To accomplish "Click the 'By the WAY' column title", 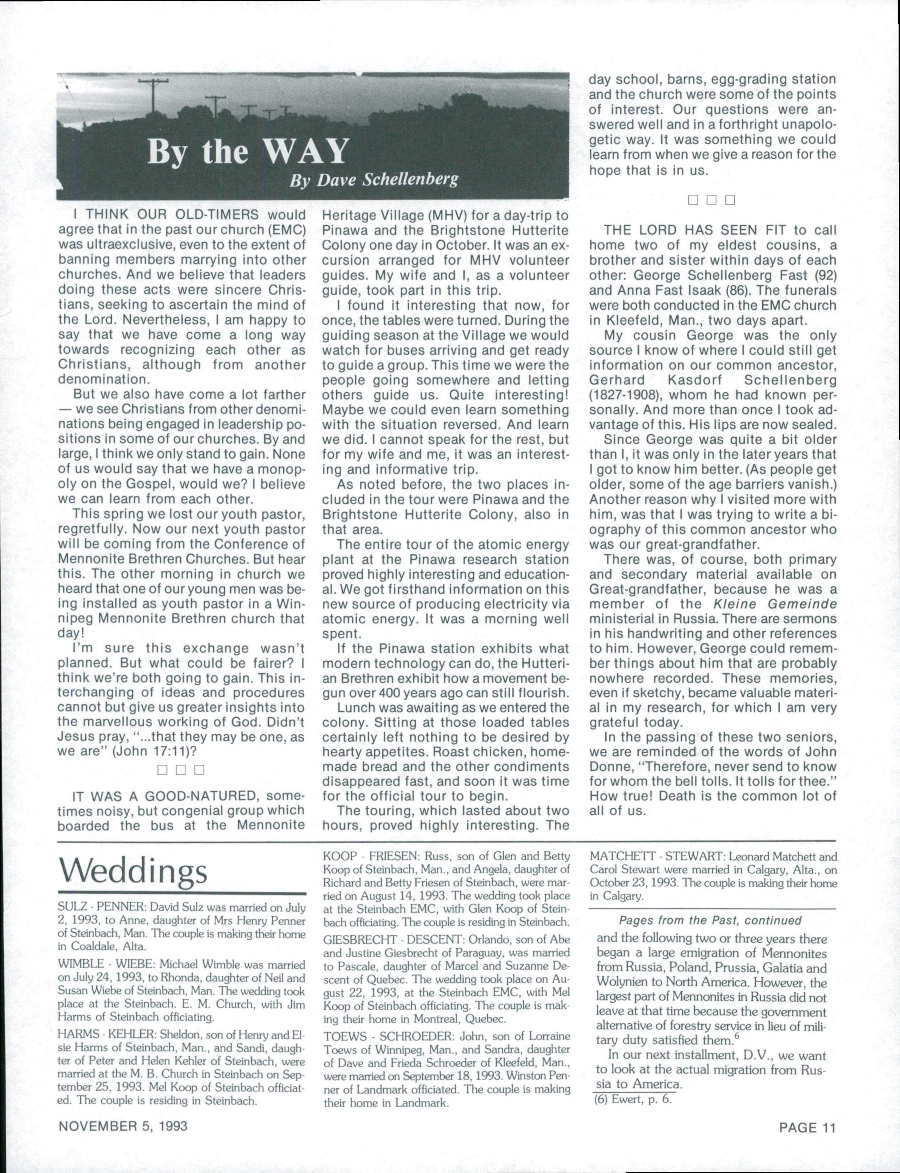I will click(247, 151).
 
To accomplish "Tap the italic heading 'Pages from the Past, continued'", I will click(710, 920).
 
